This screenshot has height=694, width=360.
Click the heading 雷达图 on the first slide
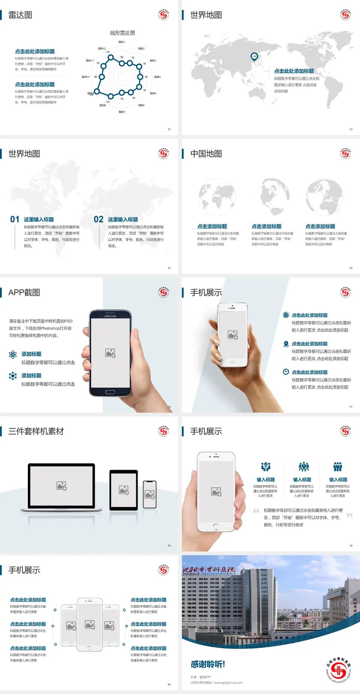coord(20,15)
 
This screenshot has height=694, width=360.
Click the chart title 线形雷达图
coord(122,33)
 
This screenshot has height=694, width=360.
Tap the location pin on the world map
coord(254,57)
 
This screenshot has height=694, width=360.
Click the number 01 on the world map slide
coord(15,219)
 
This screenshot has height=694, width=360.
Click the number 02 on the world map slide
coord(99,219)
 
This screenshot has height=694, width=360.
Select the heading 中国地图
coord(206,154)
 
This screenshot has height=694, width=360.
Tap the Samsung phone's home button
coord(110,392)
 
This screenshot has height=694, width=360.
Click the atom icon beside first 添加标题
coord(13,355)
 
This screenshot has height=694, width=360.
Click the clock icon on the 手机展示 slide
coord(286,372)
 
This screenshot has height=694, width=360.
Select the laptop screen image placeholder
coord(61,486)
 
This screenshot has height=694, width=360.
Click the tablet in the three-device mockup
coord(123,490)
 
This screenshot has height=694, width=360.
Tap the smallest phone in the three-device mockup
coord(150,494)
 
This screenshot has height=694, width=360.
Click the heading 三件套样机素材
coord(36,431)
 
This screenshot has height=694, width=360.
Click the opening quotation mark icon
coord(256,511)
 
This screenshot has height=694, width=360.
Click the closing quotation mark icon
coord(349,515)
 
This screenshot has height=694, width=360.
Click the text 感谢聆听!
coord(208,664)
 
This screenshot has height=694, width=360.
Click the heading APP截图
coord(24,293)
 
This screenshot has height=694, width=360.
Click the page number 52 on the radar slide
coord(169,129)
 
